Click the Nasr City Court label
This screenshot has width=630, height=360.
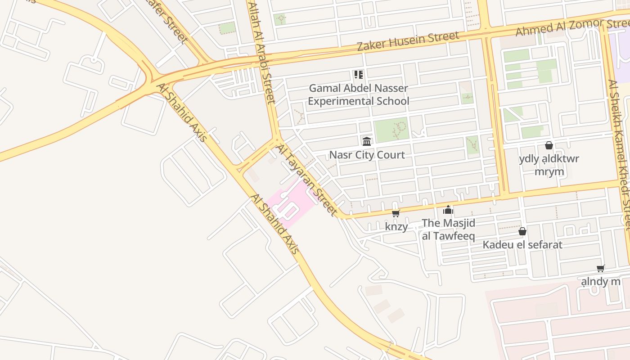pyautogui.click(x=367, y=155)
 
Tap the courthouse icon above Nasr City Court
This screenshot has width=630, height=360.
pyautogui.click(x=367, y=142)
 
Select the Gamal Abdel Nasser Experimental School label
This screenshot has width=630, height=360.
pyautogui.click(x=358, y=94)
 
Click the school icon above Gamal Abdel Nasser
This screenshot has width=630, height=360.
pyautogui.click(x=358, y=74)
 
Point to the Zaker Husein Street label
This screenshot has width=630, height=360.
pyautogui.click(x=408, y=40)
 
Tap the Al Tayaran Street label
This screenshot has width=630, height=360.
pyautogui.click(x=306, y=180)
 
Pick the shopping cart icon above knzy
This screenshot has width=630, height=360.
pyautogui.click(x=396, y=213)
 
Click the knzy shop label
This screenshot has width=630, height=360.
pyautogui.click(x=396, y=226)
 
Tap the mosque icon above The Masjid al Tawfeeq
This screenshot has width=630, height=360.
pyautogui.click(x=448, y=210)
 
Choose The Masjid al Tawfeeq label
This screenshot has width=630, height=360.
pyautogui.click(x=448, y=229)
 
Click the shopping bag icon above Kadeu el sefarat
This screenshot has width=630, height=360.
pyautogui.click(x=522, y=231)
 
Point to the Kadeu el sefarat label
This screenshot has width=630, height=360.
pyautogui.click(x=522, y=245)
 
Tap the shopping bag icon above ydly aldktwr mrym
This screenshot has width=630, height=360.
pyautogui.click(x=549, y=145)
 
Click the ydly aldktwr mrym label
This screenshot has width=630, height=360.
pyautogui.click(x=549, y=165)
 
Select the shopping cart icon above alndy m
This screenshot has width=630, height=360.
pyautogui.click(x=600, y=269)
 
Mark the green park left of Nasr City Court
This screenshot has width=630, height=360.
pyautogui.click(x=391, y=130)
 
